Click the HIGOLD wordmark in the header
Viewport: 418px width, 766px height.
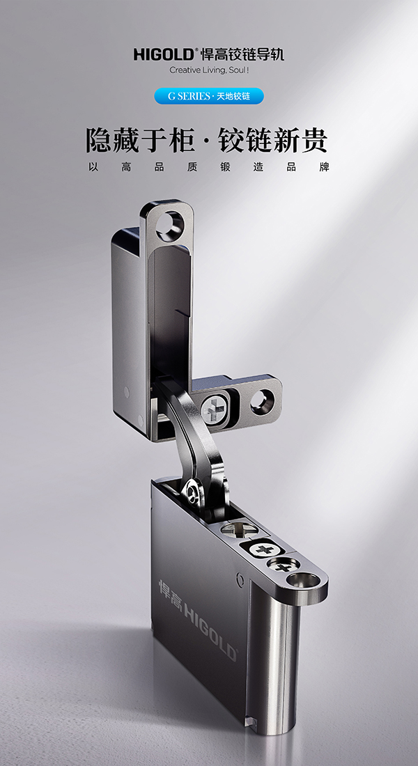coord(164,54)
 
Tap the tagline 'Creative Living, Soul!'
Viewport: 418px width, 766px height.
coord(209,70)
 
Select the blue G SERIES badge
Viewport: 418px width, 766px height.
coord(209,96)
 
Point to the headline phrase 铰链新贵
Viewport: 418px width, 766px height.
coord(272,141)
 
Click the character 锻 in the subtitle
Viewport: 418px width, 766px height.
coord(226,167)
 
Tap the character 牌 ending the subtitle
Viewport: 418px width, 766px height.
coord(324,167)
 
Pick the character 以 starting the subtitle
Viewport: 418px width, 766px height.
coord(93,167)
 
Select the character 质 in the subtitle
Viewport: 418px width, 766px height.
coord(192,167)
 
